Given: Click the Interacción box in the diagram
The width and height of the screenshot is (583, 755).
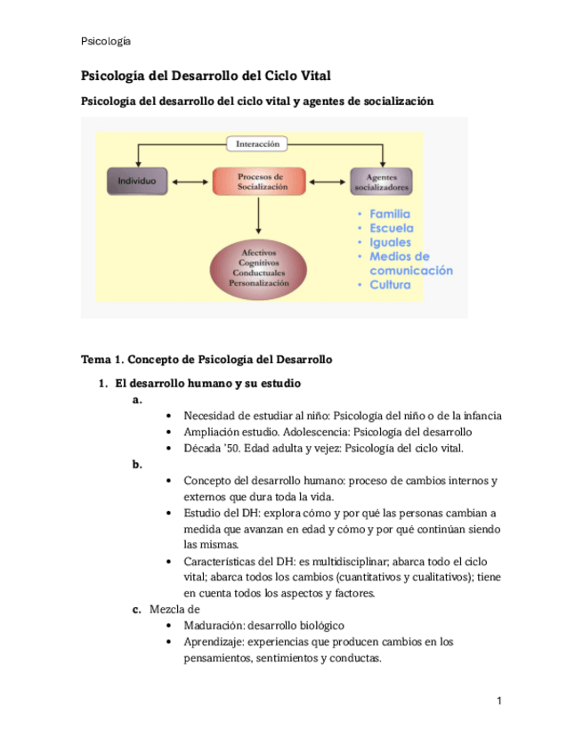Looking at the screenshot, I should click(x=258, y=143).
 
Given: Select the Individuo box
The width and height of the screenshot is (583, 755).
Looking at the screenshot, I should click(x=137, y=181).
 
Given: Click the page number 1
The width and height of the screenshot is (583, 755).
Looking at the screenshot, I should click(x=499, y=702).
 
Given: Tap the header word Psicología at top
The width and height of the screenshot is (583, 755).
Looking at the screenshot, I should click(x=106, y=41).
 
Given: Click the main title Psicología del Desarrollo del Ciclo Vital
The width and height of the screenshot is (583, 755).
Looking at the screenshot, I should click(x=206, y=77).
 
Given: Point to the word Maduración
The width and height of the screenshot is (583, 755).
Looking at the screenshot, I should click(x=214, y=625).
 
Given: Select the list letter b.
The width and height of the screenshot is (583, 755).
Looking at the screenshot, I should click(x=136, y=464).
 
